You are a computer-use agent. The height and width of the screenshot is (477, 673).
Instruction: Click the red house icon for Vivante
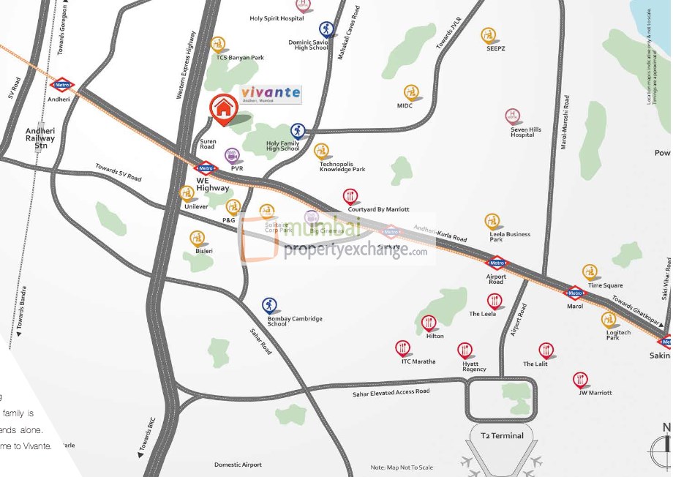(x=223, y=107)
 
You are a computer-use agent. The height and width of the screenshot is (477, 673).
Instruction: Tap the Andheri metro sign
(x=62, y=85)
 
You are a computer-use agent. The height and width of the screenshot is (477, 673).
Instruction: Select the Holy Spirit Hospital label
(x=277, y=19)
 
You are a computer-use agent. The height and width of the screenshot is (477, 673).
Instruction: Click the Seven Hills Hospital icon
(x=513, y=116)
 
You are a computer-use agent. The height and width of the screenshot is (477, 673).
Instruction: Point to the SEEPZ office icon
(x=489, y=34)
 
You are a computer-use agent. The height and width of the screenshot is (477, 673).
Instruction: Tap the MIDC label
(x=405, y=106)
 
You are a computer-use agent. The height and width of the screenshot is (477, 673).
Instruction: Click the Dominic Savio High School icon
(x=326, y=29)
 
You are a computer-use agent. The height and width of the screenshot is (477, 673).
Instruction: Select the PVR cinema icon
(x=233, y=155)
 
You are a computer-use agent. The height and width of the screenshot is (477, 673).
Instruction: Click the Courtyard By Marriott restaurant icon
(x=350, y=196)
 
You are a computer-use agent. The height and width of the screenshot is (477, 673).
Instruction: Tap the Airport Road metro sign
(x=497, y=263)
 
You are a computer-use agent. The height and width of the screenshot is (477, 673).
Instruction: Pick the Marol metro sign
(x=575, y=293)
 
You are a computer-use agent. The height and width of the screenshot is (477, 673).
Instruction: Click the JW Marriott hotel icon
(x=581, y=379)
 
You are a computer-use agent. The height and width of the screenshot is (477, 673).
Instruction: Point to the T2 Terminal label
(x=502, y=436)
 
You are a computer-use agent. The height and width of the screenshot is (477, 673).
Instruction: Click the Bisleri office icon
(x=197, y=238)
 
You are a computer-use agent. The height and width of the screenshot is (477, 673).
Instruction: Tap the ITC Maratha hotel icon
(x=402, y=348)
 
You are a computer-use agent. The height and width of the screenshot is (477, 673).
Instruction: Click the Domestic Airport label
(x=238, y=465)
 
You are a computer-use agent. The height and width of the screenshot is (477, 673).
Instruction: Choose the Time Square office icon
(x=590, y=272)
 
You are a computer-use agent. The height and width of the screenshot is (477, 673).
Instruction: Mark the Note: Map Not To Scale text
(x=402, y=467)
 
